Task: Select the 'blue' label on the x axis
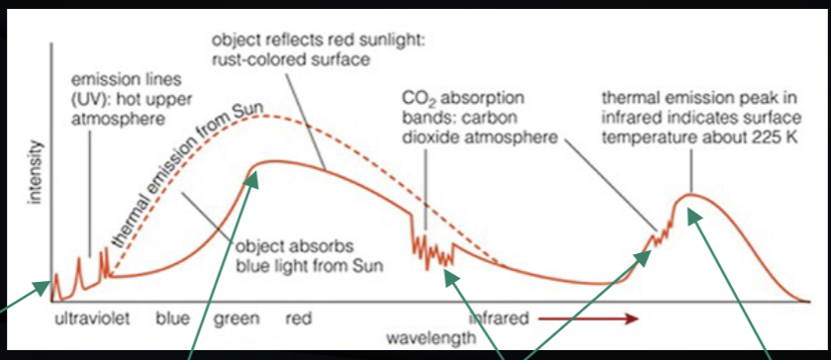click(172, 319)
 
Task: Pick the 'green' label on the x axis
click(236, 319)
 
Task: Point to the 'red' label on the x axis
click(299, 319)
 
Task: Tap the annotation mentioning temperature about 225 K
click(698, 116)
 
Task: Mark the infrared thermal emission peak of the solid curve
click(691, 196)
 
